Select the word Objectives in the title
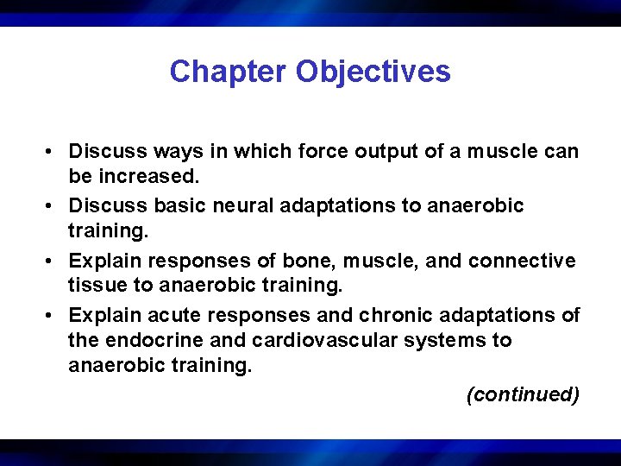(373, 72)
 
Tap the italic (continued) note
(522, 395)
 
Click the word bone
(290, 261)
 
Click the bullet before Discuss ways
(52, 153)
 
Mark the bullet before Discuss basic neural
(52, 207)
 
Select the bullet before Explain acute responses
(52, 316)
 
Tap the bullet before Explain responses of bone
(52, 261)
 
